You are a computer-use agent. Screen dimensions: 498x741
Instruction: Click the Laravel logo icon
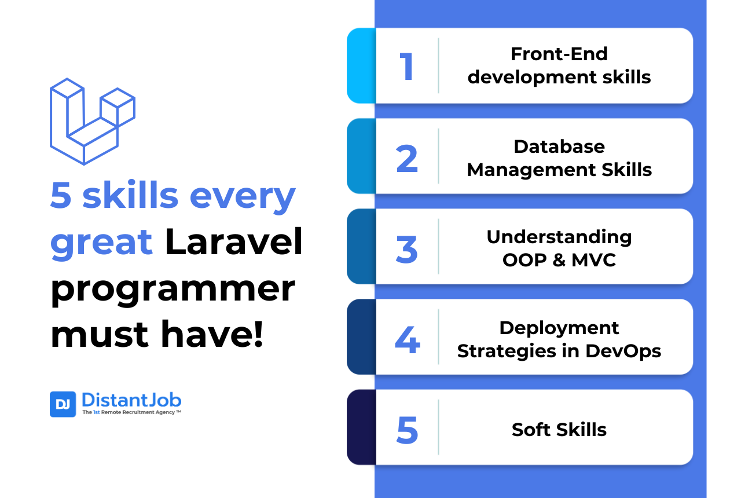click(92, 122)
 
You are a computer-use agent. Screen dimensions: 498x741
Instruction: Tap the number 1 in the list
click(407, 66)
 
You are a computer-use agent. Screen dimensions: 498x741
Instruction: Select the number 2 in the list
click(407, 158)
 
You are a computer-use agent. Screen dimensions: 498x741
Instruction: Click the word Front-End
click(559, 54)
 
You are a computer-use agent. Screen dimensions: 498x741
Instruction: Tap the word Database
click(559, 146)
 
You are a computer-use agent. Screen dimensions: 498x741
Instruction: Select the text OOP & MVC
click(559, 260)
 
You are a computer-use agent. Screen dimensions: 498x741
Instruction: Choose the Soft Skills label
click(559, 430)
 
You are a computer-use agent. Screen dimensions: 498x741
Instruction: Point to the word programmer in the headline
click(173, 289)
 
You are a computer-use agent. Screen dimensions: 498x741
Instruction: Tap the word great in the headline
click(101, 243)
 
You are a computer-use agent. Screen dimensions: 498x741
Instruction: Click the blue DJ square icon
click(63, 404)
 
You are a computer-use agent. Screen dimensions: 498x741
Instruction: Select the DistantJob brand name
click(131, 400)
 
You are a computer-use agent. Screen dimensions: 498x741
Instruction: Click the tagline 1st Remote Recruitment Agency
click(131, 413)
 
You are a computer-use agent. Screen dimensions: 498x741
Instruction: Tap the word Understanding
click(559, 236)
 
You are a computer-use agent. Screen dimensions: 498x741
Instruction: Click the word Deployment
click(559, 328)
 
